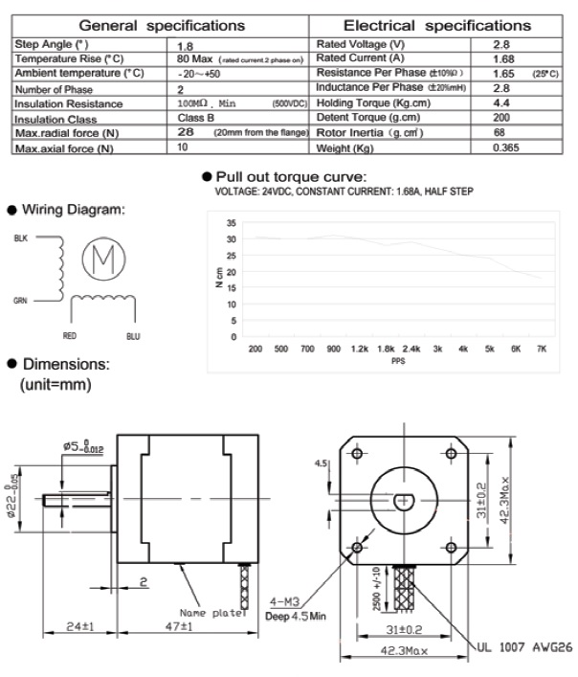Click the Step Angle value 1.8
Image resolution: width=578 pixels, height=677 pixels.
187,44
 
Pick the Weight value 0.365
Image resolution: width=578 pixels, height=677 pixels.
506,147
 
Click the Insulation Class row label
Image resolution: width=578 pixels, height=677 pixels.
48,118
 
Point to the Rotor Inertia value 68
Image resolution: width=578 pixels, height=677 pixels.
498,132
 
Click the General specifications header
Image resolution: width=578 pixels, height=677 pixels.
161,25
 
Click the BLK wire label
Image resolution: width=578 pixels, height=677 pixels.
20,238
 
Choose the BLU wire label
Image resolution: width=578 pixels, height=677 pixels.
133,335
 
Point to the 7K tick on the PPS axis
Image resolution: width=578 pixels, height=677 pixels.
541,350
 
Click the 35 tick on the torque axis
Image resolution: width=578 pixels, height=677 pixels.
231,222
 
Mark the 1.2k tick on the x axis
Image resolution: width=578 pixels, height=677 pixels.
360,350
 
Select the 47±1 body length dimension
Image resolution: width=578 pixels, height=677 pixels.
173,628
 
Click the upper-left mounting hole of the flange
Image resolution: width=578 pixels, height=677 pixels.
358,452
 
